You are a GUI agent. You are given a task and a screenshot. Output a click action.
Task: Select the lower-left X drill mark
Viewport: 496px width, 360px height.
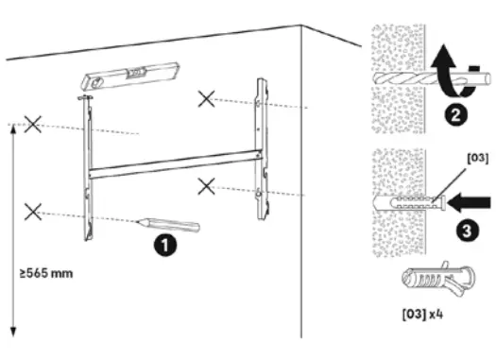pos(33,211)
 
